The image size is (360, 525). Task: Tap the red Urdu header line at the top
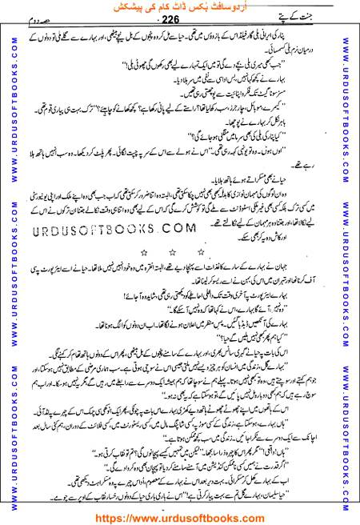tap(181, 7)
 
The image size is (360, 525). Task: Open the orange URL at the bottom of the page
tap(180, 516)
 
